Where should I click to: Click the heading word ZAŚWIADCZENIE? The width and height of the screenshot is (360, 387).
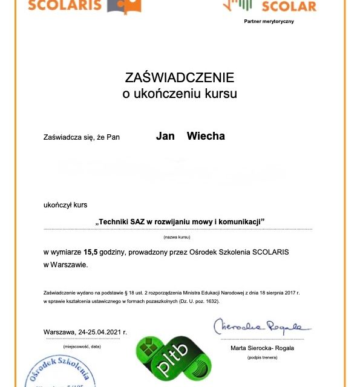pyautogui.click(x=179, y=77)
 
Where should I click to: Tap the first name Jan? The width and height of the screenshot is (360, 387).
pyautogui.click(x=165, y=136)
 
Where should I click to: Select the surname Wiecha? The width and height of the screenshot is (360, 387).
pyautogui.click(x=206, y=136)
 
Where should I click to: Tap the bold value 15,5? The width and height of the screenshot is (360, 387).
pyautogui.click(x=91, y=251)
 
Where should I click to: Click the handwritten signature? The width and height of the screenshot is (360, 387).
pyautogui.click(x=261, y=327)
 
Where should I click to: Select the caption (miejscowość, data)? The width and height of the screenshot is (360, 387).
pyautogui.click(x=82, y=346)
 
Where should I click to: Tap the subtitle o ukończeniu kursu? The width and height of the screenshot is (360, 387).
pyautogui.click(x=179, y=94)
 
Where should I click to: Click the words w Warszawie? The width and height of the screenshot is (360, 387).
pyautogui.click(x=66, y=264)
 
